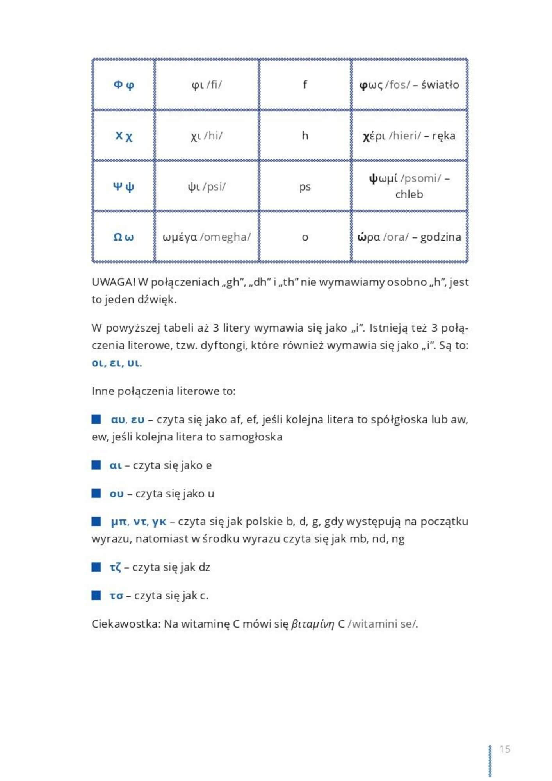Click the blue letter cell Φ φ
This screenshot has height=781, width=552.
(124, 85)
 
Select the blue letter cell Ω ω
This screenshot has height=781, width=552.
(123, 237)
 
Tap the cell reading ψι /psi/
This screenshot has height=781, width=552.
(207, 186)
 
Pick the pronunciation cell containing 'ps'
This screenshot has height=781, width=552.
(305, 187)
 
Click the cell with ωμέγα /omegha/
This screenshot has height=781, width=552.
(207, 237)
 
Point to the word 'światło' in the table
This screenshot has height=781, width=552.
(440, 85)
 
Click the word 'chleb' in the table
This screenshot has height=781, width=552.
(409, 194)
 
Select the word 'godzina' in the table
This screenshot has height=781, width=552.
(440, 237)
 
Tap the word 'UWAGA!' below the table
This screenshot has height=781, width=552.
(113, 282)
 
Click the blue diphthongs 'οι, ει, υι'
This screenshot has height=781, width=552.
(116, 363)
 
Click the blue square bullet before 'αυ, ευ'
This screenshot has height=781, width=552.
(96, 419)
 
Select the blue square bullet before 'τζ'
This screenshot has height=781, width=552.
(96, 567)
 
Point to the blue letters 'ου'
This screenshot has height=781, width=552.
(116, 494)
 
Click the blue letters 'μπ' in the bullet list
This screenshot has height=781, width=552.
(119, 522)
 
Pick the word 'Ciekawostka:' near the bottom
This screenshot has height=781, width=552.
(126, 624)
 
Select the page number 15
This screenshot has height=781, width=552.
(505, 749)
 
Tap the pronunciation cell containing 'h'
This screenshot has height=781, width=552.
(305, 136)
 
